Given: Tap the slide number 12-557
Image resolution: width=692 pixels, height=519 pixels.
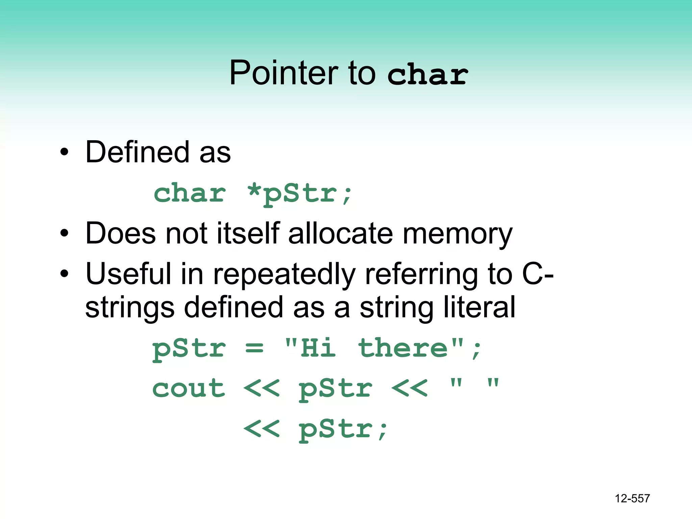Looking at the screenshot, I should pyautogui.click(x=632, y=498).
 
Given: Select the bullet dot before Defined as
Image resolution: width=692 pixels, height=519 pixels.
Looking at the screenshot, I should pyautogui.click(x=64, y=152).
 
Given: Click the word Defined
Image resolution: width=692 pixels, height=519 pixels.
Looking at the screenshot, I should pyautogui.click(x=137, y=152).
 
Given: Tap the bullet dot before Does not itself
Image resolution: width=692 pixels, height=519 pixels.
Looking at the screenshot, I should pyautogui.click(x=64, y=233).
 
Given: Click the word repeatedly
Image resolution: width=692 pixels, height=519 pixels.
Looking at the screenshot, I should pyautogui.click(x=285, y=274).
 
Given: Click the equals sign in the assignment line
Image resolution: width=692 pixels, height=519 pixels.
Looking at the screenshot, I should pyautogui.click(x=254, y=348).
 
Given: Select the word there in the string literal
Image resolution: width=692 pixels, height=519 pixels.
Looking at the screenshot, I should pyautogui.click(x=403, y=348).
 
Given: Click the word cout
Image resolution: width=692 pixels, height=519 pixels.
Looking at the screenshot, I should pyautogui.click(x=189, y=389).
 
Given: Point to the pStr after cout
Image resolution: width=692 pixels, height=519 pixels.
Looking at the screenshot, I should pyautogui.click(x=335, y=389).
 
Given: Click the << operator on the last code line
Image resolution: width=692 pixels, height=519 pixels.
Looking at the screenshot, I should pyautogui.click(x=262, y=428).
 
